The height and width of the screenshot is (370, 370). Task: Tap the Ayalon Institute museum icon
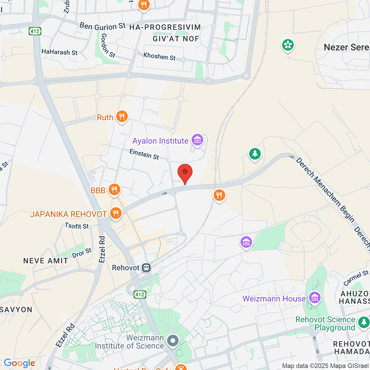197,140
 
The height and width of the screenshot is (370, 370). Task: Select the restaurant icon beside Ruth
122,117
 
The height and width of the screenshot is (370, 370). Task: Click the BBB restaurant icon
114,190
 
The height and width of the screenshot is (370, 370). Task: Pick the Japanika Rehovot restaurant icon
116,213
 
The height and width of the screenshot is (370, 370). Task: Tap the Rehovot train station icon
146,268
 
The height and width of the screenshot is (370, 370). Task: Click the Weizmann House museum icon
315,298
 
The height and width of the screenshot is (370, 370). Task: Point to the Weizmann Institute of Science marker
173,341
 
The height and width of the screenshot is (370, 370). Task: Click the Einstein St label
144,154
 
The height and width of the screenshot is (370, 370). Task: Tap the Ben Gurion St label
102,26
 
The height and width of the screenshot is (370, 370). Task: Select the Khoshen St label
159,56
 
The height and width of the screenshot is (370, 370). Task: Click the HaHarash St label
60,52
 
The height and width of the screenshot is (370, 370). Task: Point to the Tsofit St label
77,226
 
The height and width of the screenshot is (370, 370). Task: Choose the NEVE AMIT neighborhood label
46,261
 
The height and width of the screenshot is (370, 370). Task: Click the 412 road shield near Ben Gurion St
35,31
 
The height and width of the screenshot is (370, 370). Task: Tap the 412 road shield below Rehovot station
140,294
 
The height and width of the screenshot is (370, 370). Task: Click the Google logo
19,363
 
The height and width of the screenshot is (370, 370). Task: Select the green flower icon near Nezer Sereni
288,45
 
